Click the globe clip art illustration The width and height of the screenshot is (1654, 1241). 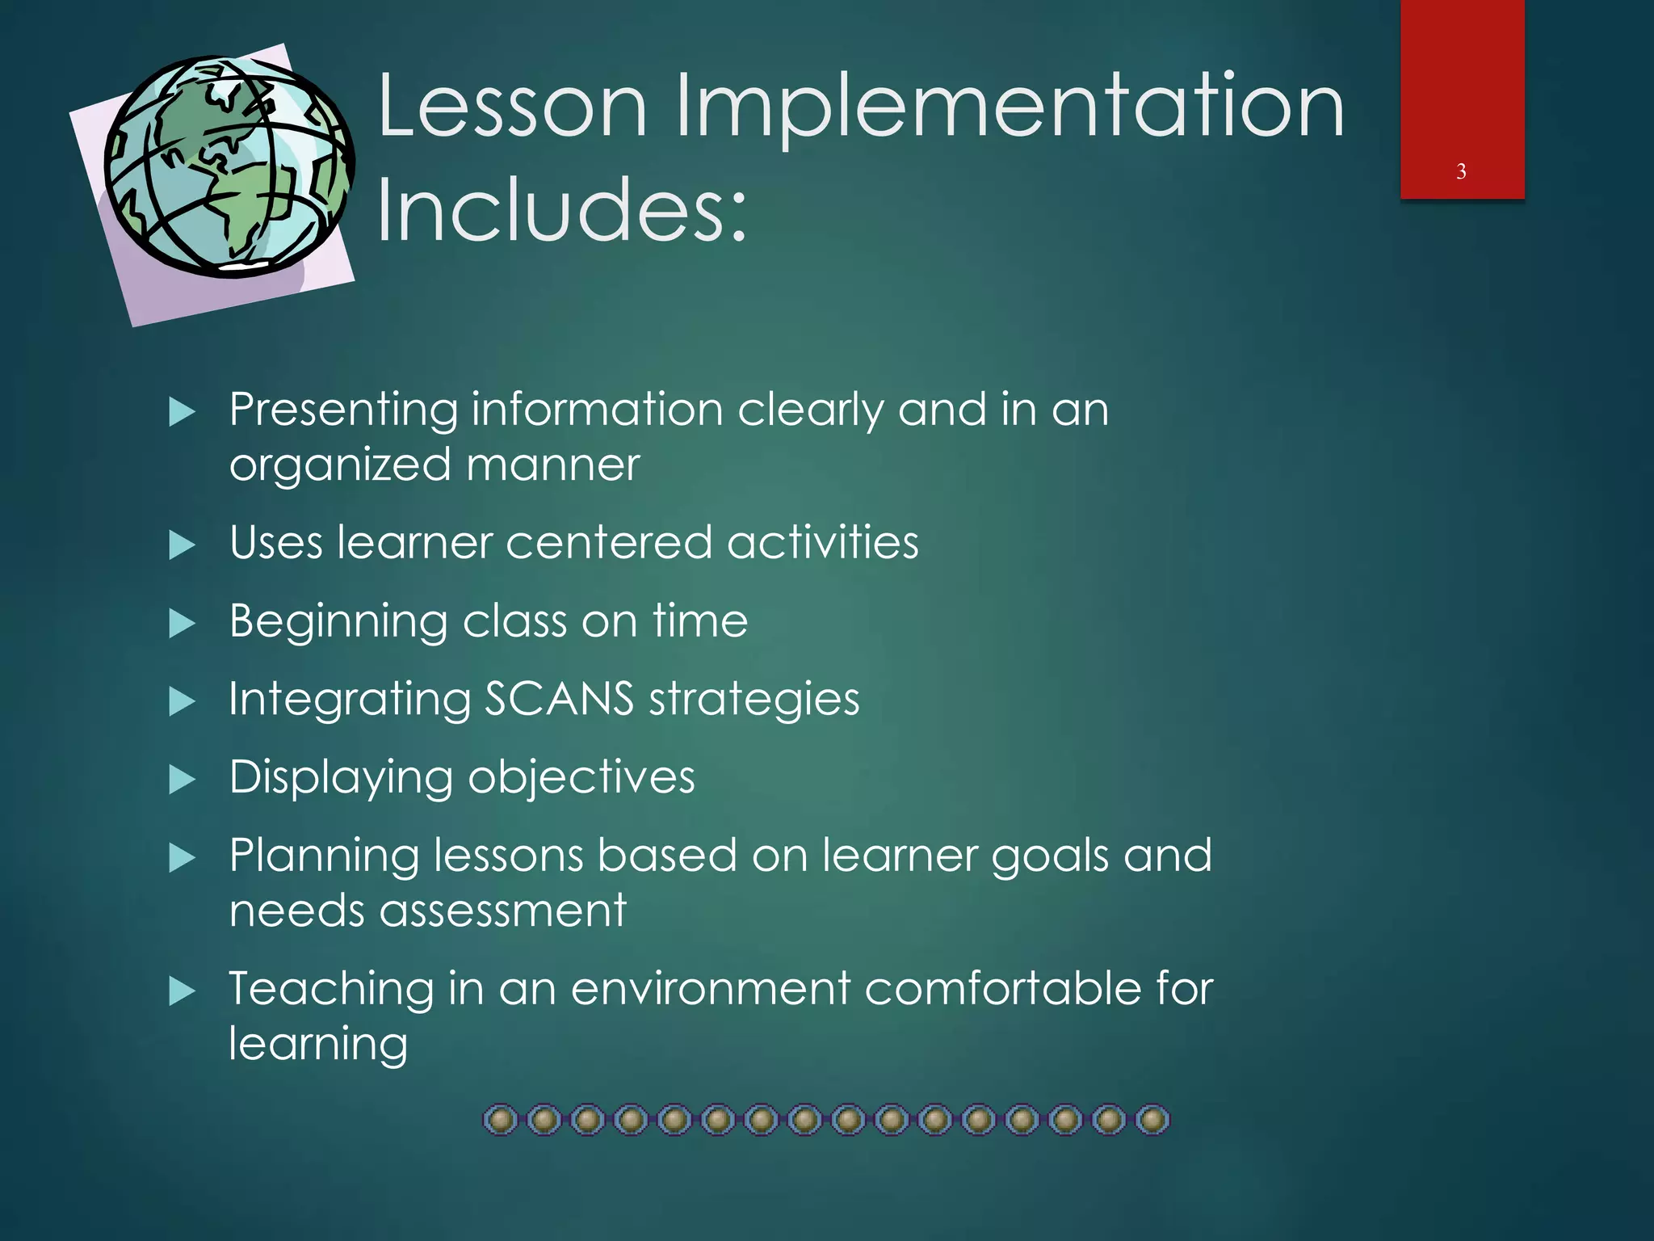[x=229, y=166]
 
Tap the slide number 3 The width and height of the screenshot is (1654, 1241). [x=1461, y=171]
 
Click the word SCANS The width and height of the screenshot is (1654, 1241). [x=559, y=698]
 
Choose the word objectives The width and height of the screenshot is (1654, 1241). [x=581, y=778]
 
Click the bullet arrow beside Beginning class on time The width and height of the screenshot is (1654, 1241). [x=183, y=624]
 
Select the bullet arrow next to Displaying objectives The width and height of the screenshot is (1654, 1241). [x=183, y=780]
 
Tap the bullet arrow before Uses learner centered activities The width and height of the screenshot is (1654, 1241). [x=183, y=545]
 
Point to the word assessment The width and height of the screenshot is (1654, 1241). [x=502, y=911]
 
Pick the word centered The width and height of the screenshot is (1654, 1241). [x=609, y=542]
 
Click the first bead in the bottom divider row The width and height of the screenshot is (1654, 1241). [x=501, y=1121]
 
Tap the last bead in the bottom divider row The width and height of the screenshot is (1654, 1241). [x=1152, y=1121]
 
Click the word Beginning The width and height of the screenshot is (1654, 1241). [x=338, y=622]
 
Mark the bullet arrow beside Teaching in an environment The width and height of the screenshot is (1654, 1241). [x=183, y=991]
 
